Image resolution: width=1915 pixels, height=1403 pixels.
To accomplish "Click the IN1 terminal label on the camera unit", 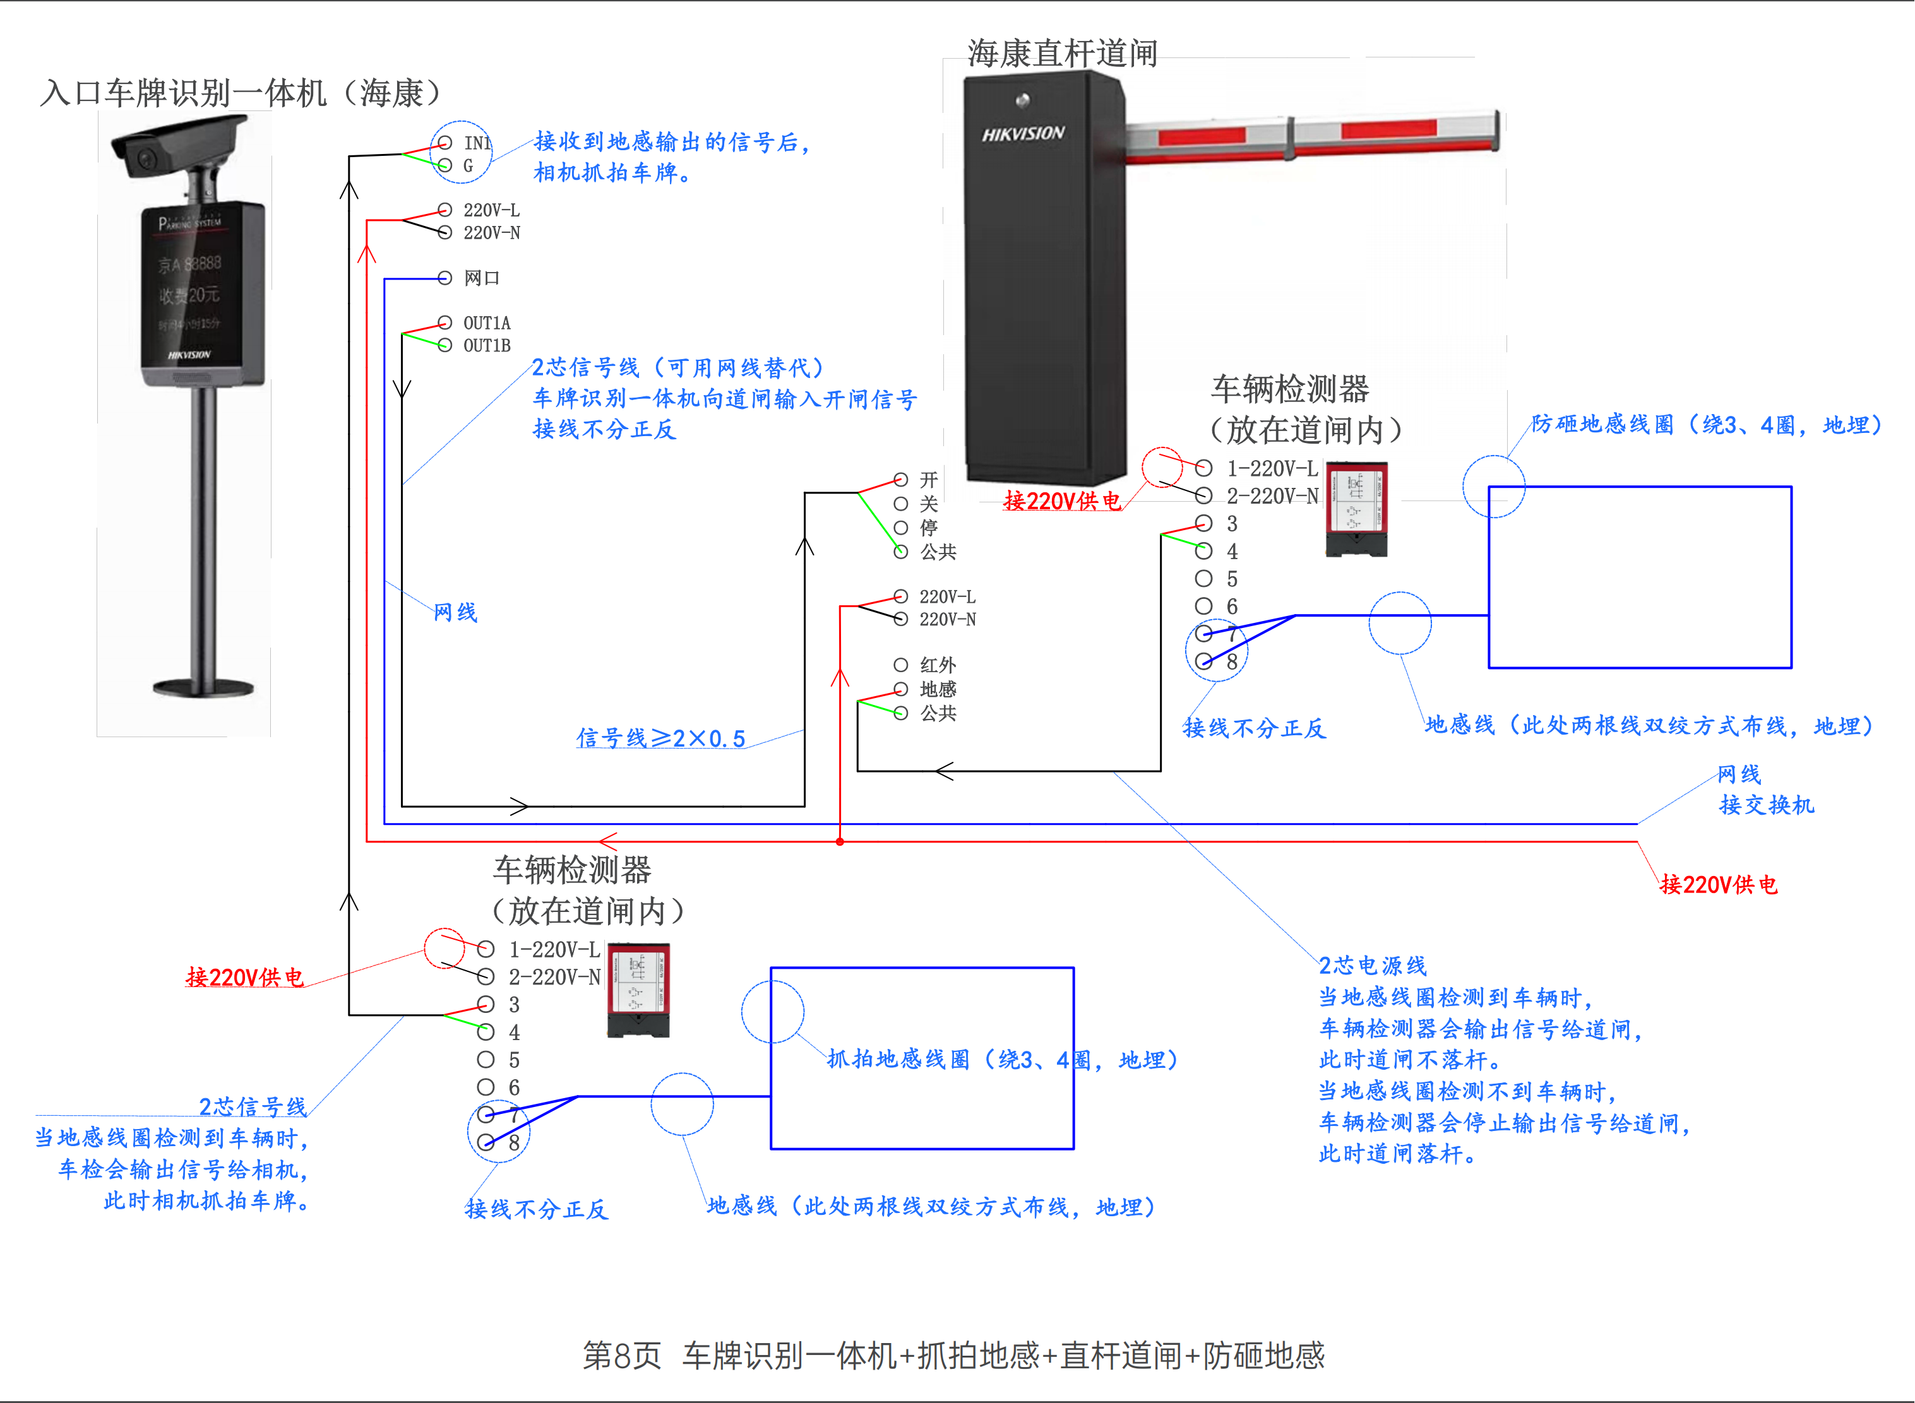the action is (x=477, y=143).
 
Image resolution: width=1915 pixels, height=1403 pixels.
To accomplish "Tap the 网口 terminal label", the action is (x=482, y=278).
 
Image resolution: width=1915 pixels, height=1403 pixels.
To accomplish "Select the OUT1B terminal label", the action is (x=487, y=346).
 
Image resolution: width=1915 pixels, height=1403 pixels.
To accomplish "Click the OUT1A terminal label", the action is (x=487, y=323).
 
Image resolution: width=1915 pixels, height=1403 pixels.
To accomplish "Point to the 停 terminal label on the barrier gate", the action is (x=929, y=528).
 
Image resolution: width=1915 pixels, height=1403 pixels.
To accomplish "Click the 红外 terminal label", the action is (x=938, y=665).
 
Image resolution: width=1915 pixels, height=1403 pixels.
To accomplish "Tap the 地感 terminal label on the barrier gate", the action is (x=938, y=689).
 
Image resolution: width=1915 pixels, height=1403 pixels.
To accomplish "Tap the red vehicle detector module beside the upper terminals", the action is (x=1357, y=509).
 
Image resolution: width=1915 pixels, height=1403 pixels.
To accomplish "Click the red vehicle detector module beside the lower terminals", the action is (x=639, y=990).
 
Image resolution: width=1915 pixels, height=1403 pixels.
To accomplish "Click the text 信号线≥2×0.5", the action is (x=661, y=738).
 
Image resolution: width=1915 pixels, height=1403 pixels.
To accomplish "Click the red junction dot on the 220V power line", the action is (x=839, y=842).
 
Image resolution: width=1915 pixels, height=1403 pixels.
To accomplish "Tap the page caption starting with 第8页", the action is (x=953, y=1356).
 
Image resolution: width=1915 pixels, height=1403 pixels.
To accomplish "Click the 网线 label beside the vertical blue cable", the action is (x=455, y=612).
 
